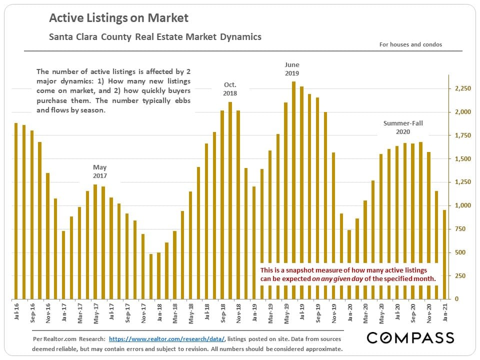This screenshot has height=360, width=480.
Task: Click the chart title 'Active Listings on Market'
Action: [118, 18]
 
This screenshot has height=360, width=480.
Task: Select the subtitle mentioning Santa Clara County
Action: [155, 37]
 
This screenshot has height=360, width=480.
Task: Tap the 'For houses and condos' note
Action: [410, 44]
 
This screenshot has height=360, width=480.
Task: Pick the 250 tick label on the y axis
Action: [464, 275]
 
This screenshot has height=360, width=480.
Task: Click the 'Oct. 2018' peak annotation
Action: [230, 89]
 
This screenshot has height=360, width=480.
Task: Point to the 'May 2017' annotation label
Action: [100, 171]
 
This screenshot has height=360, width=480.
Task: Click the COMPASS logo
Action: [410, 338]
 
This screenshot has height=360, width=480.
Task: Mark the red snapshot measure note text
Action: [348, 274]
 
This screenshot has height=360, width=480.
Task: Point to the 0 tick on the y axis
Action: [456, 299]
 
